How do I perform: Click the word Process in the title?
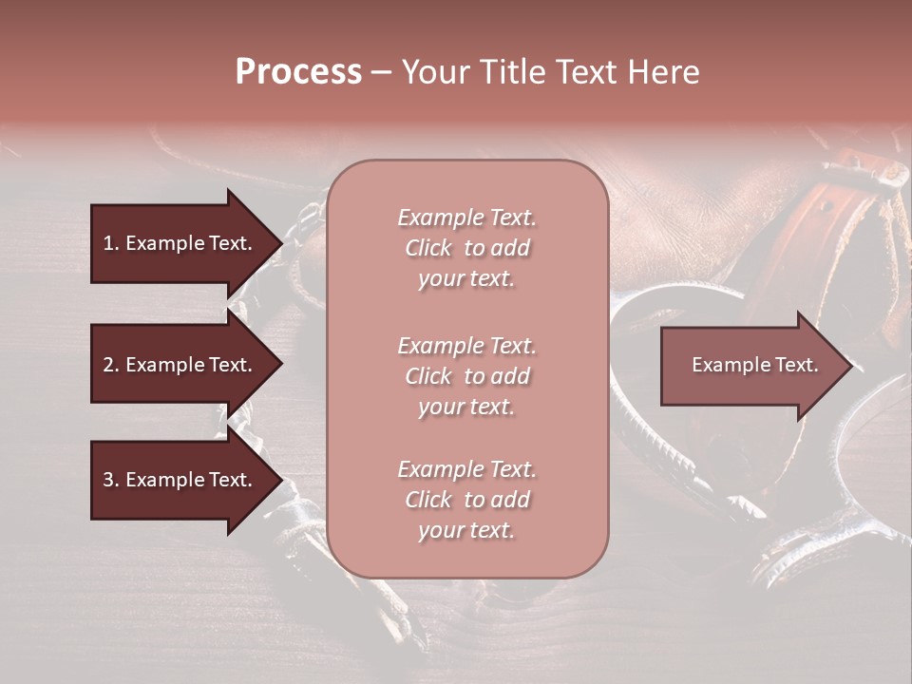[298, 72]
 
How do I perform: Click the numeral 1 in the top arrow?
[107, 243]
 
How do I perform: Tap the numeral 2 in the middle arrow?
[107, 365]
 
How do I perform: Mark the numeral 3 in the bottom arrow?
[107, 480]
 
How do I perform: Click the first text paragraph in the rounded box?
[466, 248]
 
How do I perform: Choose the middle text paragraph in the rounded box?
[466, 376]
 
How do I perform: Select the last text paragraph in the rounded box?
[466, 500]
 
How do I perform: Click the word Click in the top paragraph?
[428, 248]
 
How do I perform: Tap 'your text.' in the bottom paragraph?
[466, 531]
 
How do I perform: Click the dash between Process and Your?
[381, 73]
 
